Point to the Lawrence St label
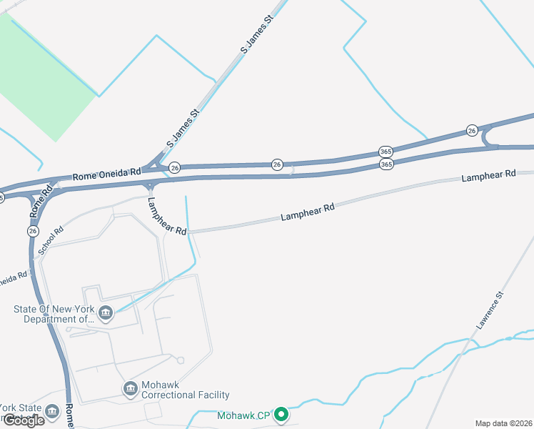[491, 310]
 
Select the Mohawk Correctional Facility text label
[185, 395]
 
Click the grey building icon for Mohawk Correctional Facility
[131, 388]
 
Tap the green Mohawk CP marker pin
[282, 414]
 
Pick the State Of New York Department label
[54, 314]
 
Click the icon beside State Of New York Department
[106, 312]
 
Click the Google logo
[23, 420]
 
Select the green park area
[43, 79]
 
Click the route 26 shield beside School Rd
[33, 231]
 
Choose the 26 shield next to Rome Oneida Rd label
[175, 167]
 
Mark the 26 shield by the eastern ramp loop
[472, 130]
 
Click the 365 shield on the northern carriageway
[386, 152]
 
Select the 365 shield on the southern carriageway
[386, 164]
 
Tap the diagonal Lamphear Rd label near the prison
[166, 216]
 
